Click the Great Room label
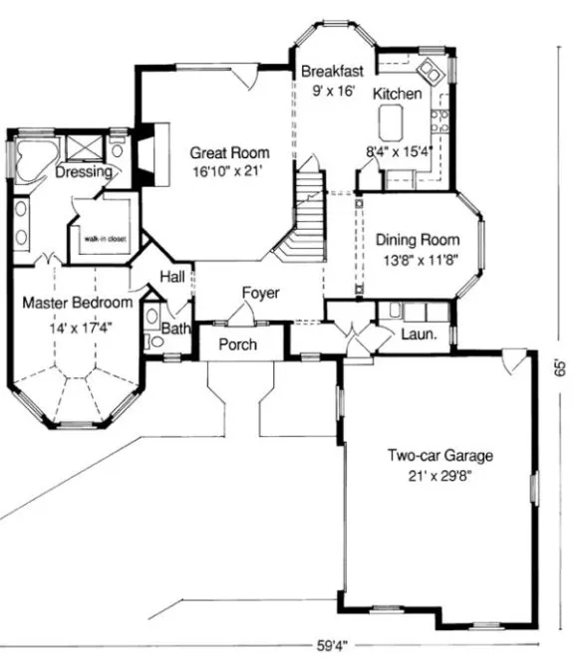pyautogui.click(x=230, y=153)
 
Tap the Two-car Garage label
pyautogui.click(x=440, y=456)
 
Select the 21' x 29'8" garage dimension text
pyautogui.click(x=440, y=477)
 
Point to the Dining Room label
pyautogui.click(x=418, y=240)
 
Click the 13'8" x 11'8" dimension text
pyautogui.click(x=418, y=260)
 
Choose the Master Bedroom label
pyautogui.click(x=76, y=302)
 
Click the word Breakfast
pyautogui.click(x=332, y=71)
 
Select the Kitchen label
pyautogui.click(x=398, y=94)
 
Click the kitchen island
pyautogui.click(x=392, y=123)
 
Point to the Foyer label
pyautogui.click(x=260, y=294)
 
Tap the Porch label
pyautogui.click(x=237, y=344)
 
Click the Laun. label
pyautogui.click(x=420, y=334)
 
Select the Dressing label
pyautogui.click(x=83, y=172)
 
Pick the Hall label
pyautogui.click(x=172, y=277)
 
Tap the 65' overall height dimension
pyautogui.click(x=562, y=367)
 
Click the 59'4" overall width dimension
pyautogui.click(x=332, y=645)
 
